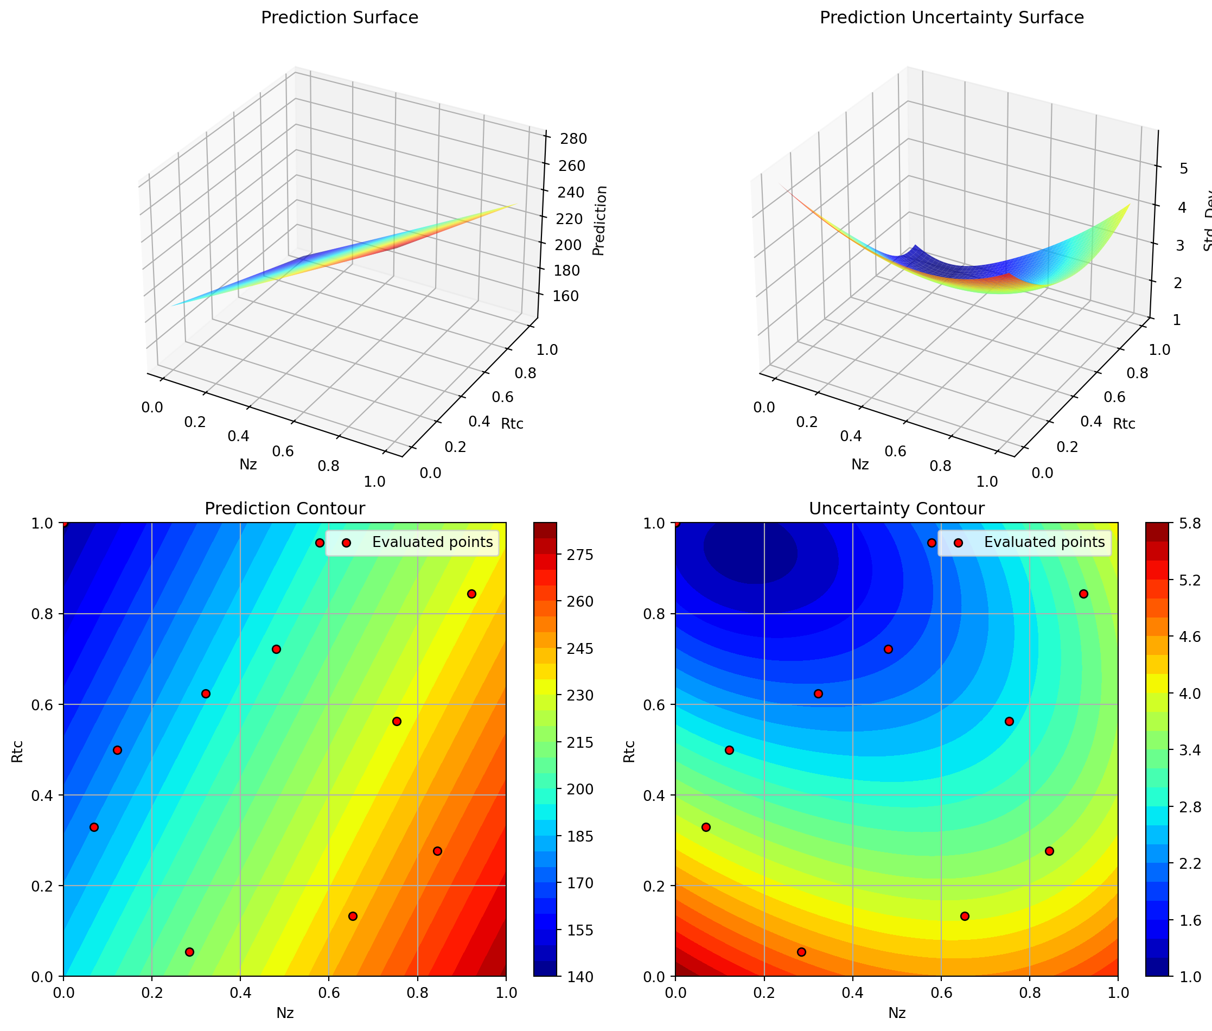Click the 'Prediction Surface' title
[x=340, y=17]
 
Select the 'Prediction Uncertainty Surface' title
[x=952, y=17]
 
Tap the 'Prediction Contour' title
[x=285, y=508]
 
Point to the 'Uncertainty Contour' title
[x=896, y=508]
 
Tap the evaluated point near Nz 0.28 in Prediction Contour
[x=189, y=952]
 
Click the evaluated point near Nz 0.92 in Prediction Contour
[x=471, y=594]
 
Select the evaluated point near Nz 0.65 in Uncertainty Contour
[x=965, y=916]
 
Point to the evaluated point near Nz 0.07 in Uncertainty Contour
[x=706, y=827]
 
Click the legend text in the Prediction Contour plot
[x=432, y=543]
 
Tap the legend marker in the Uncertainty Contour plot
[x=959, y=543]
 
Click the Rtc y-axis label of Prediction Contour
[x=18, y=751]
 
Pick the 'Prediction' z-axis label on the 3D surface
[x=599, y=221]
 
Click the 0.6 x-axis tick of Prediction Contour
[x=328, y=992]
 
